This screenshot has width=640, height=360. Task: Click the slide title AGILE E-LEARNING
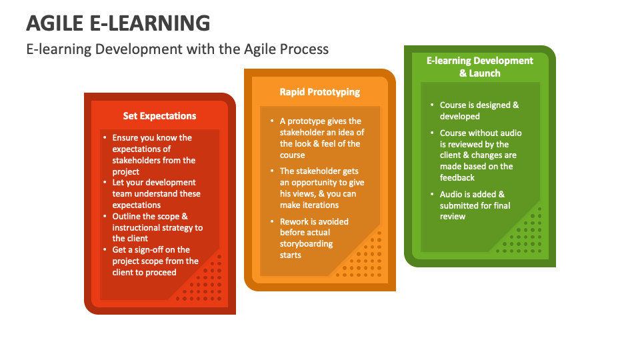tap(118, 23)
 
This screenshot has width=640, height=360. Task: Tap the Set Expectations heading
tap(159, 116)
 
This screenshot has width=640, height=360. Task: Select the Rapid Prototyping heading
tap(319, 92)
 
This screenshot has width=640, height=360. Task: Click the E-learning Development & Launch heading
tap(479, 67)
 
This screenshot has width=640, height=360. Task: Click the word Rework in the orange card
tap(294, 221)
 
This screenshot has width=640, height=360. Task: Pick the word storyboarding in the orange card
tap(306, 244)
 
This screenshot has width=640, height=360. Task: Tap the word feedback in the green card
tap(457, 178)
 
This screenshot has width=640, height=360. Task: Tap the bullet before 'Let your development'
tap(105, 183)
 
